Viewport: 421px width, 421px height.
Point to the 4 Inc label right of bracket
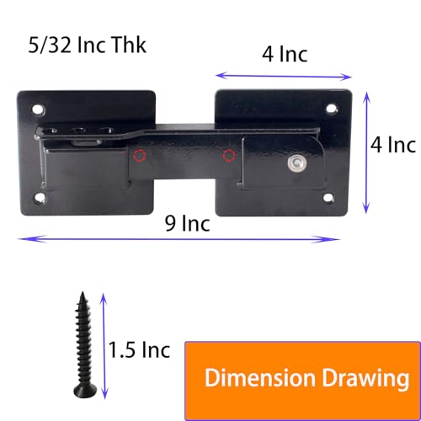(x=393, y=145)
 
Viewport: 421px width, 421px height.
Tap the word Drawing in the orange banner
(x=354, y=376)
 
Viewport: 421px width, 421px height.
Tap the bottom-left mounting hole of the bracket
(x=40, y=198)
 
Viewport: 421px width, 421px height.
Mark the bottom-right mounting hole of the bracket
(x=329, y=198)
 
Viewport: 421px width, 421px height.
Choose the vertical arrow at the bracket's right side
(x=365, y=152)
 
